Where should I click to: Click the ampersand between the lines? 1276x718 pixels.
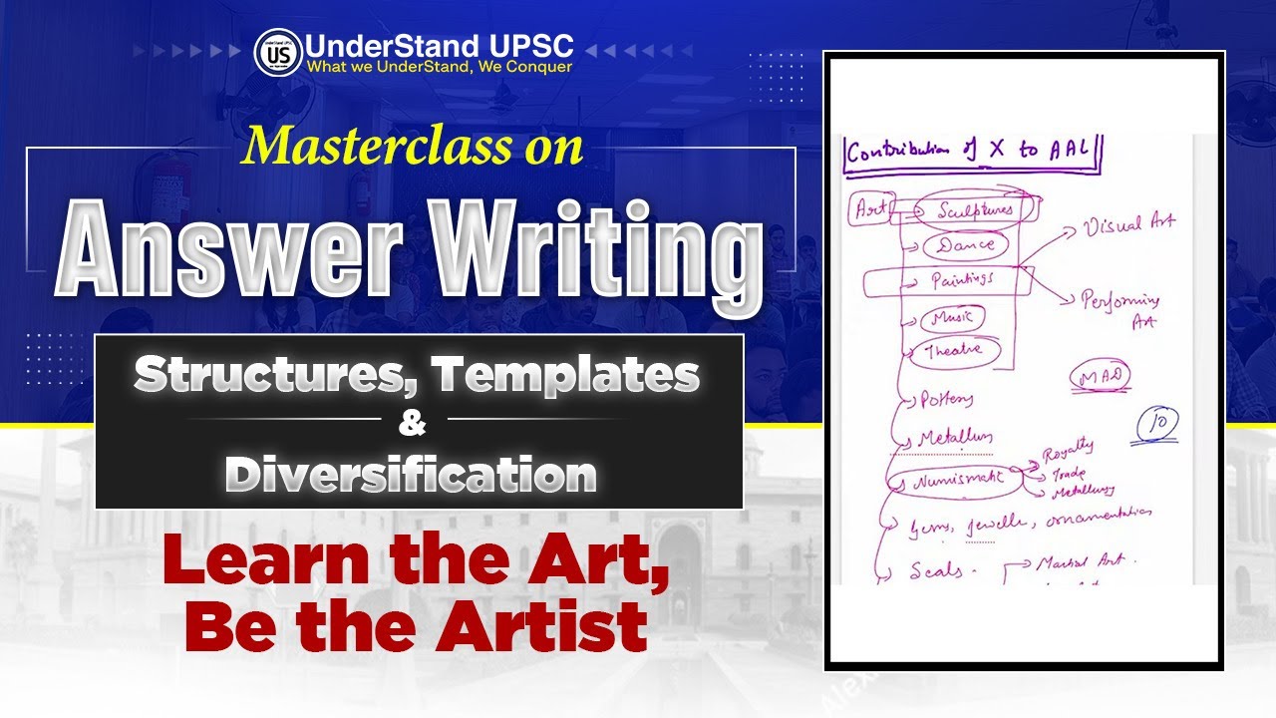tap(412, 423)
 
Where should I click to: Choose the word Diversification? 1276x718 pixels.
tap(411, 474)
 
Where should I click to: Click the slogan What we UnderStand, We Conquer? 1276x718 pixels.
tap(440, 68)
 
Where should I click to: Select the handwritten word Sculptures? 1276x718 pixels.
tap(975, 210)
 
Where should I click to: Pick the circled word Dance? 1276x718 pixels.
tap(965, 244)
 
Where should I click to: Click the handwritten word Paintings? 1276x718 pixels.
tap(962, 281)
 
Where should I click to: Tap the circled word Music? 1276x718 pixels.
tap(953, 318)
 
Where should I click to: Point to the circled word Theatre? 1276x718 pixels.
tap(953, 351)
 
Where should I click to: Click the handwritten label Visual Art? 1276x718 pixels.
tap(1129, 224)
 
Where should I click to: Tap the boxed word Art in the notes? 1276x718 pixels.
tap(869, 209)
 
